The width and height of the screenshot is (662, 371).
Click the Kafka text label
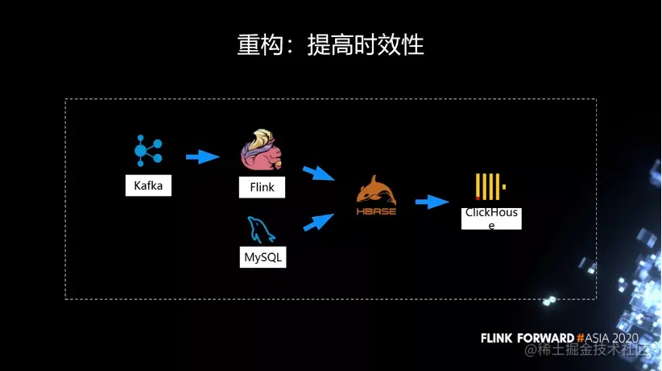(149, 186)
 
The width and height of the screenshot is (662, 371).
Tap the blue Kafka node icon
(147, 151)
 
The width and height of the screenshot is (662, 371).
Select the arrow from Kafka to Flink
(202, 156)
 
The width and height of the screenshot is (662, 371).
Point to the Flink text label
(257, 187)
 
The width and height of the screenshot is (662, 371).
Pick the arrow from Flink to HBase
(319, 173)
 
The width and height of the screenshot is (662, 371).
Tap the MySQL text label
(263, 257)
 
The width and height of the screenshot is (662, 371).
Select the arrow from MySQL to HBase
(319, 221)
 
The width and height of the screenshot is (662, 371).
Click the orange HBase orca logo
(376, 190)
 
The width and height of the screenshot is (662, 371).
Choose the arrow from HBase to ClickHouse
(432, 202)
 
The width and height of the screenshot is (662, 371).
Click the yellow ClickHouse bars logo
(489, 186)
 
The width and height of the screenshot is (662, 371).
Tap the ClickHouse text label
(491, 218)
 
